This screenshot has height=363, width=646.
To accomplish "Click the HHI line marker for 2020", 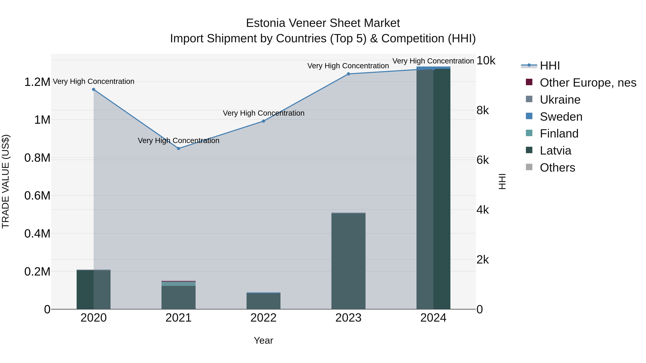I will [93, 89].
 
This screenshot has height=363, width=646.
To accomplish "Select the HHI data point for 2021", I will [179, 149].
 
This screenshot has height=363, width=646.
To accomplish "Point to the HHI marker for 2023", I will [348, 74].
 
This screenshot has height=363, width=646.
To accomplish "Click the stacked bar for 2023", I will [348, 260].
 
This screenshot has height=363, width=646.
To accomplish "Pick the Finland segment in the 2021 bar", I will [179, 284].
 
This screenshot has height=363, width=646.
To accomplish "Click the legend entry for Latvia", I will [555, 151].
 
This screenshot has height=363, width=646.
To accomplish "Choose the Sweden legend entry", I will [561, 117].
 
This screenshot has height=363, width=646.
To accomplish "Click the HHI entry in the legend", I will [549, 66].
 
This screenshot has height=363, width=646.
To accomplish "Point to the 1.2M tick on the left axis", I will [37, 82].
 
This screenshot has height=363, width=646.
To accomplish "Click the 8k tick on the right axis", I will [483, 110].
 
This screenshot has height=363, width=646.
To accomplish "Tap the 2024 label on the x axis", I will [433, 318].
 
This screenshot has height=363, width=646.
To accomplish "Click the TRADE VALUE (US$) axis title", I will [6, 181].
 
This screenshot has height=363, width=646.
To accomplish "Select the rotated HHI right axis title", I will [502, 181].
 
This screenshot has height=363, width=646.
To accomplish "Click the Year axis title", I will [263, 340].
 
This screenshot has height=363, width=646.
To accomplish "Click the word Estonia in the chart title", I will [265, 23].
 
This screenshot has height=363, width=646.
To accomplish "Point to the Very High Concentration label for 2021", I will [179, 141].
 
